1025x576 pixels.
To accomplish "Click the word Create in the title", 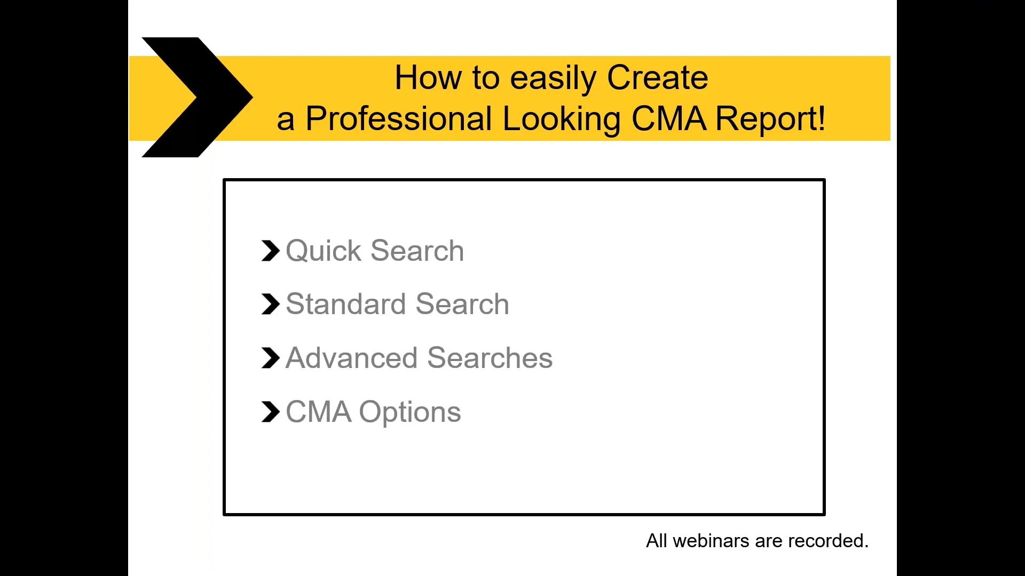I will point(657,78).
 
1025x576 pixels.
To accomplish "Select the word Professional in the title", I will point(398,118).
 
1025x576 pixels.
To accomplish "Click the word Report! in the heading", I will point(770,118).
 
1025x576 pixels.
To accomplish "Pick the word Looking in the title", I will point(562,119).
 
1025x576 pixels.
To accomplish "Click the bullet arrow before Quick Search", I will point(271,251).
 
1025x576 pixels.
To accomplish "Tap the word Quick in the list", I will point(324,251).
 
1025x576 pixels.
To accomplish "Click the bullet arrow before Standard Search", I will point(271,304).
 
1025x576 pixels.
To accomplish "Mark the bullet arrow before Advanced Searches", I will point(271,358).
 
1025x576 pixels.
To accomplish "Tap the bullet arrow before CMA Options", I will point(271,412).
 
